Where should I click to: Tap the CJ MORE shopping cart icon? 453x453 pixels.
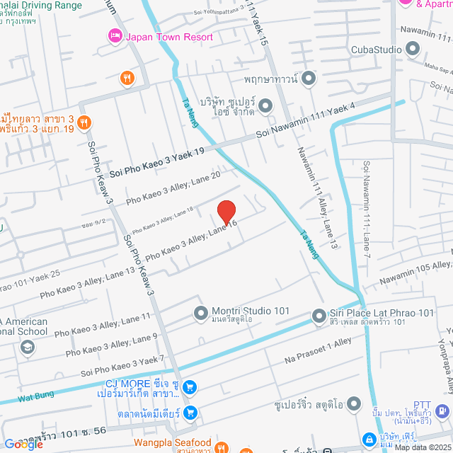click(190, 387)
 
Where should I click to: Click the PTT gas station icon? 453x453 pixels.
click(441, 410)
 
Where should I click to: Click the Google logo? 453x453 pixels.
click(23, 444)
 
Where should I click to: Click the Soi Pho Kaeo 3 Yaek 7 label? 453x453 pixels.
click(122, 366)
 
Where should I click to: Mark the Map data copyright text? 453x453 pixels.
click(422, 447)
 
